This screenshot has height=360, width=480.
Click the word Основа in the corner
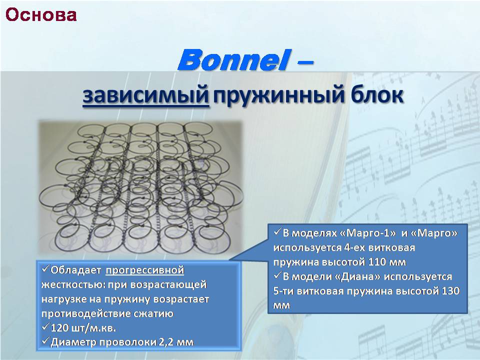click(41, 15)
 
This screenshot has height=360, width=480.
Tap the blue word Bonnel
click(233, 59)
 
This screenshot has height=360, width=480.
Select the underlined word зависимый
click(146, 95)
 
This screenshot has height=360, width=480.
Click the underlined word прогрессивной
click(145, 270)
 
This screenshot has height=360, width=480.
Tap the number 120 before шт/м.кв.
click(59, 328)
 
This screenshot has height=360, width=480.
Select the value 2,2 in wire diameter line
click(166, 342)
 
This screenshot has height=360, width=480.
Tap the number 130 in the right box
click(450, 290)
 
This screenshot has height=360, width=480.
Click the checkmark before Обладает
click(45, 269)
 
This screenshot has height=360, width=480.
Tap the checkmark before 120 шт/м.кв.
click(45, 327)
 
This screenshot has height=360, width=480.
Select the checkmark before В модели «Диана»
click(277, 275)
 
